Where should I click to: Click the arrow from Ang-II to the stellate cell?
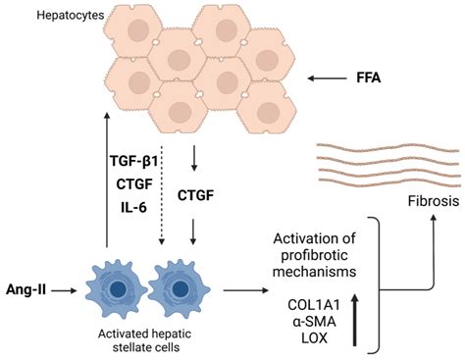[66, 289]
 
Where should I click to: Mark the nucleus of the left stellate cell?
[116, 290]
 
